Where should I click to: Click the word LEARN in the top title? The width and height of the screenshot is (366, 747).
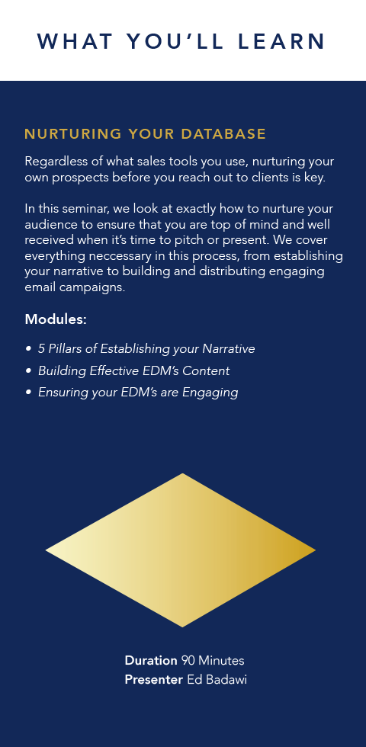(x=281, y=41)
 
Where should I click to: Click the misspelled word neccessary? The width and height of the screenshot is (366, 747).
(x=120, y=256)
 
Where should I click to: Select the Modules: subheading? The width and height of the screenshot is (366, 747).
(x=56, y=319)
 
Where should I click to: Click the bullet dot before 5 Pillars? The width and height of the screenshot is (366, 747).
(x=29, y=349)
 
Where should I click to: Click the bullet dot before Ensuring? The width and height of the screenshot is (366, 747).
(x=29, y=393)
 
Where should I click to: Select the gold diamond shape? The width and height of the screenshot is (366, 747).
(x=181, y=550)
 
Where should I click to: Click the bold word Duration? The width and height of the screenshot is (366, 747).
(x=151, y=661)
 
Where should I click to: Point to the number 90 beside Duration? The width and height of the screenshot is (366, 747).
(x=188, y=661)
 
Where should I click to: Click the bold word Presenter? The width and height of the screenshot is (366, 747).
(x=153, y=680)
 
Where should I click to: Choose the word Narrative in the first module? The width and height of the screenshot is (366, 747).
(x=229, y=349)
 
